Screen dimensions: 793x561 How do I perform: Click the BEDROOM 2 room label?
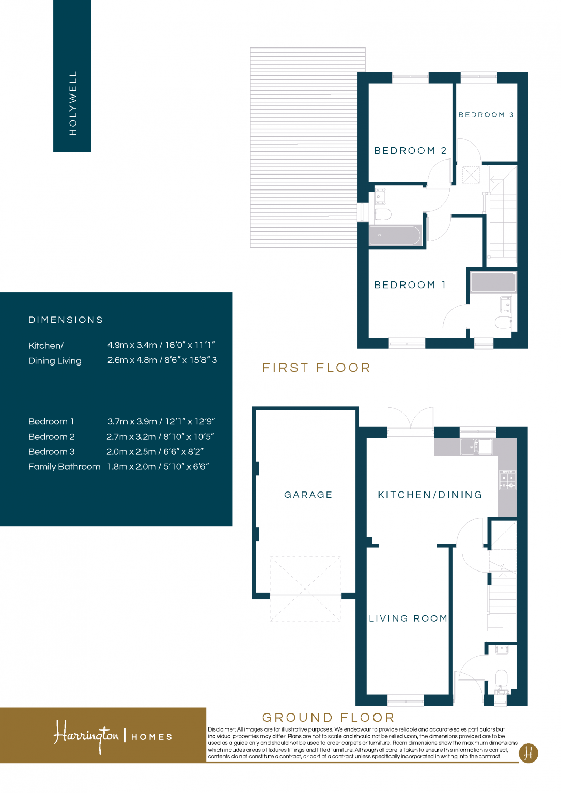[410, 151]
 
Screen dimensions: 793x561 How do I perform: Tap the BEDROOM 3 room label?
[486, 115]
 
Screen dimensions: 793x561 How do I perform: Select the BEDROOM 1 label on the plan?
[410, 285]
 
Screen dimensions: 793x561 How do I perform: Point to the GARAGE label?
[308, 495]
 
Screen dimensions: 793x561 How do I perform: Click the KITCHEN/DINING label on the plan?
[430, 495]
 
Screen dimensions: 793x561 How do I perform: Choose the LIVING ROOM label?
[408, 618]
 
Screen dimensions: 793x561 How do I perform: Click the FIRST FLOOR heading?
[316, 368]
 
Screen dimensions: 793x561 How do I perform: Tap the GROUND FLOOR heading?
[328, 717]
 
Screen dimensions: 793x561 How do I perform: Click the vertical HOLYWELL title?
[73, 103]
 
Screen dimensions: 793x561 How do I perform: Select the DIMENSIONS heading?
[66, 320]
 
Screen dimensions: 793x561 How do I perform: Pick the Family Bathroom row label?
[64, 466]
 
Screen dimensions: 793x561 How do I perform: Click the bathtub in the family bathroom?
[395, 235]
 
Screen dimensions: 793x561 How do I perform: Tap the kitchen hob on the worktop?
[507, 480]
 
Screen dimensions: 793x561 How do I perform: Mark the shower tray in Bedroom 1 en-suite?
[493, 282]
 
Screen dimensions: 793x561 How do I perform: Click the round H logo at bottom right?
[528, 753]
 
